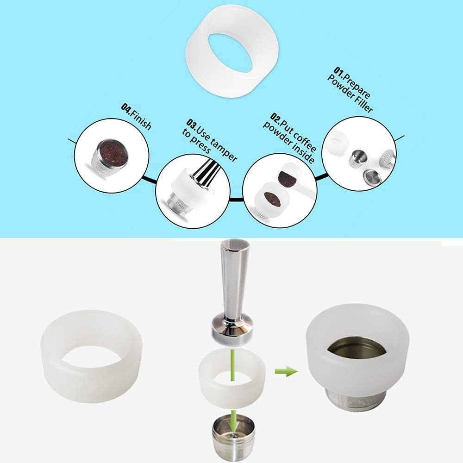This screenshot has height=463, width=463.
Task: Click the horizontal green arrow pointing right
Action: point(286,371)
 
